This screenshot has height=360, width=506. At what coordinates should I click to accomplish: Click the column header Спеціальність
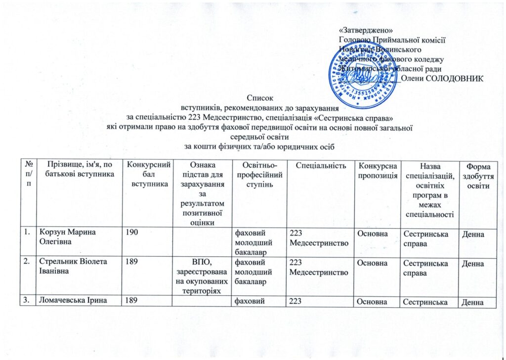point(320,163)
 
